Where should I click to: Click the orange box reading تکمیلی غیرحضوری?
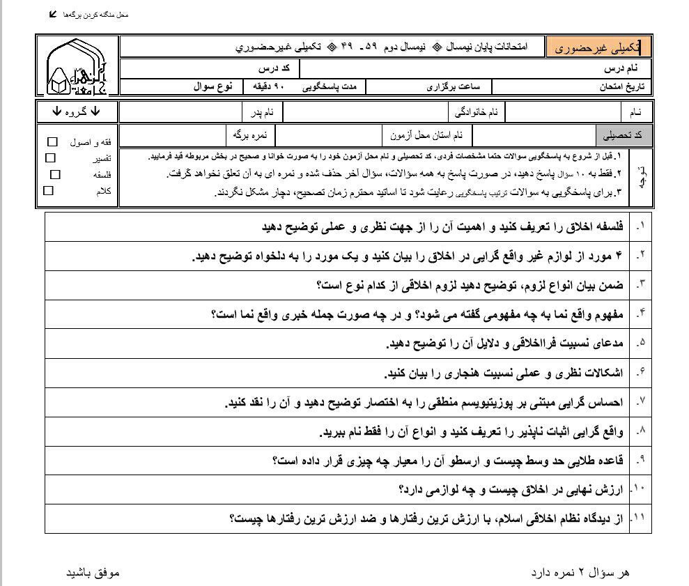[x=598, y=47]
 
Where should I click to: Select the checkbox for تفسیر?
[x=51, y=158]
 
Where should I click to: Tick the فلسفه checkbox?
[x=55, y=174]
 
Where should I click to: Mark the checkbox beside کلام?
[x=48, y=190]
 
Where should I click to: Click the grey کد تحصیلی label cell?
[x=624, y=134]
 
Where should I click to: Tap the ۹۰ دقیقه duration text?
[x=270, y=88]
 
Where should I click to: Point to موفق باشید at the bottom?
[x=93, y=572]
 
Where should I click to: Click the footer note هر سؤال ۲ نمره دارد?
[x=580, y=572]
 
